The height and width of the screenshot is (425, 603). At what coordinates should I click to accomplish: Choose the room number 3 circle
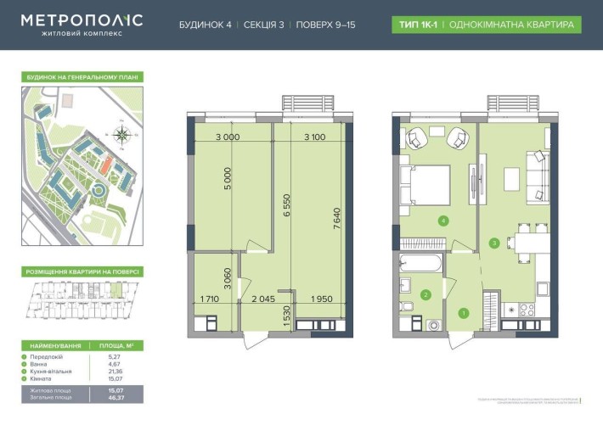tap(495, 243)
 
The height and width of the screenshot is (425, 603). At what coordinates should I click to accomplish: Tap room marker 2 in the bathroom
tap(426, 295)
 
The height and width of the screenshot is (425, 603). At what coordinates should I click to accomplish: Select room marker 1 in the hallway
tap(463, 312)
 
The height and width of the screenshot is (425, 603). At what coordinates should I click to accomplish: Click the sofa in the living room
tap(537, 176)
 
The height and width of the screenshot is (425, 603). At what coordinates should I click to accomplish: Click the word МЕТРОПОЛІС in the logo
tap(82, 20)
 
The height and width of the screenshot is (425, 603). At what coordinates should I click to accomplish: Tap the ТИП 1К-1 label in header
tap(414, 25)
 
